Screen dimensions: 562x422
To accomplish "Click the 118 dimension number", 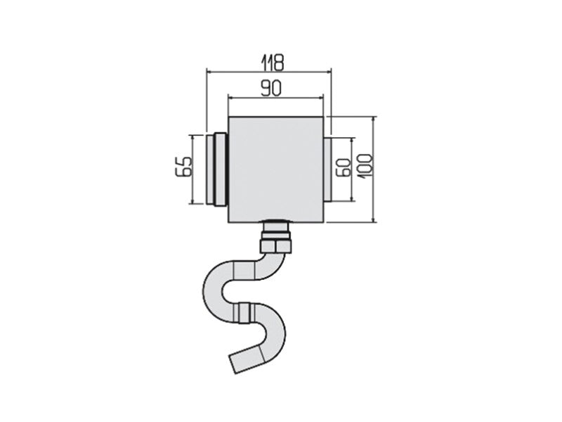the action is click(x=273, y=63).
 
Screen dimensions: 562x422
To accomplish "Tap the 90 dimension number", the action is click(x=271, y=89).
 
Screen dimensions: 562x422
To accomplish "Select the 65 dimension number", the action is click(x=185, y=167).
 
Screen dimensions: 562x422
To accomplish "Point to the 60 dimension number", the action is click(x=344, y=167).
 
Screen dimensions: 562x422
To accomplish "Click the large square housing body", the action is click(x=276, y=170).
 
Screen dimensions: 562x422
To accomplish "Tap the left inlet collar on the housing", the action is click(x=216, y=170).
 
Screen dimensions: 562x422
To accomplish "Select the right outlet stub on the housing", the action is click(x=327, y=170).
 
